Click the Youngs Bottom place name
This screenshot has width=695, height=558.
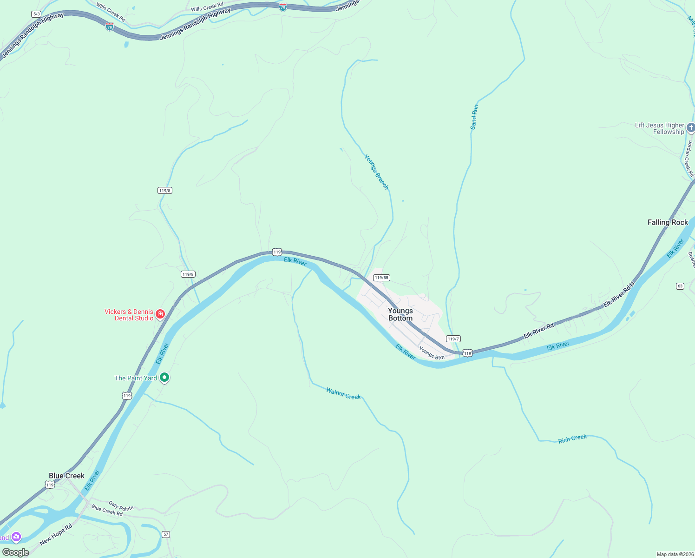click(400, 314)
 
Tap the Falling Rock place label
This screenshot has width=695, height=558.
click(668, 222)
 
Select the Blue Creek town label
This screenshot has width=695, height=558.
click(66, 476)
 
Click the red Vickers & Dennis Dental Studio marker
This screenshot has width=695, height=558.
click(160, 314)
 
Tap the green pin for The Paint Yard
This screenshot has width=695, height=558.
click(164, 378)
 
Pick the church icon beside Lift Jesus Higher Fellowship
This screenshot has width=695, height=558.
click(691, 127)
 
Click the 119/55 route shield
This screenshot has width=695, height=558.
click(381, 278)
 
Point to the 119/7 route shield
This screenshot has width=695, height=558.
click(453, 339)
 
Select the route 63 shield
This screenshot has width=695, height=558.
click(680, 286)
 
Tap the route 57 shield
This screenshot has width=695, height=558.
click(166, 534)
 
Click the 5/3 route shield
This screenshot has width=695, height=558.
click(36, 14)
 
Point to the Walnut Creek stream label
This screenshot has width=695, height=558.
click(343, 394)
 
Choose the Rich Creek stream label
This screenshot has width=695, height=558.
click(572, 438)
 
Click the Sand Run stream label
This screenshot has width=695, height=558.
click(474, 117)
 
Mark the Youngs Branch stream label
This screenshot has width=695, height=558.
click(376, 172)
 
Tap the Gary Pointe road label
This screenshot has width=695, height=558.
click(121, 505)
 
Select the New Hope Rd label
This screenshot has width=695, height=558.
click(56, 535)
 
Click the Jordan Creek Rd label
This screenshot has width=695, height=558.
click(689, 159)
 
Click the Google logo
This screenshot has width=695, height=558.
click(15, 552)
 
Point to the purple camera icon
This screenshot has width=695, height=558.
click(16, 537)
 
